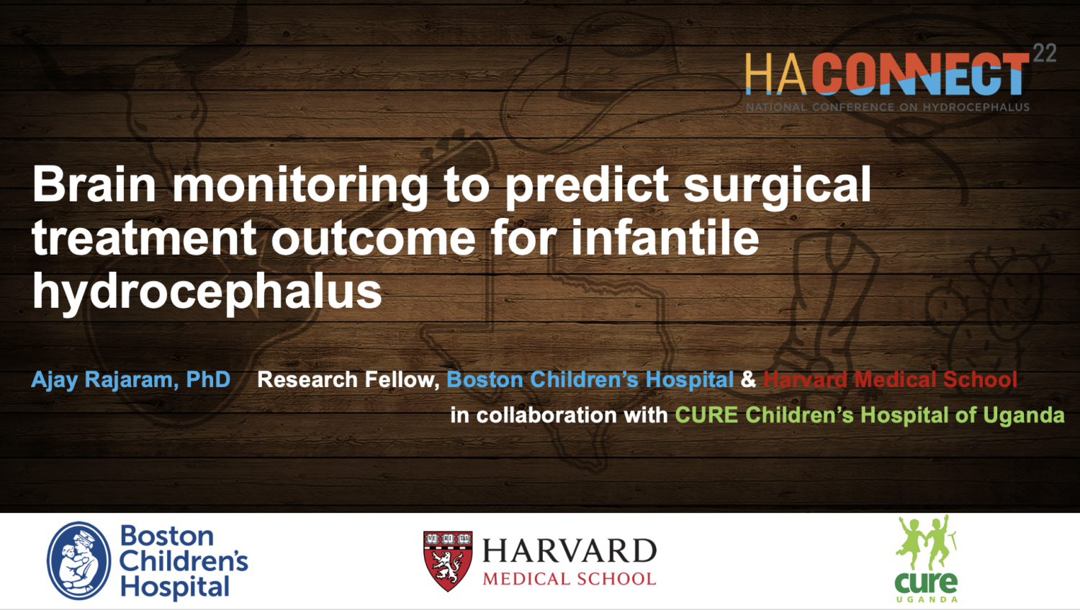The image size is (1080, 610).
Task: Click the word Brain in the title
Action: click(94, 185)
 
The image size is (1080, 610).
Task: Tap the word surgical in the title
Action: click(777, 188)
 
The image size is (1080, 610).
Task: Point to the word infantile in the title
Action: click(665, 237)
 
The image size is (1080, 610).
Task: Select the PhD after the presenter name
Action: click(208, 380)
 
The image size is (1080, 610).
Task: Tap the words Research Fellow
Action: click(348, 380)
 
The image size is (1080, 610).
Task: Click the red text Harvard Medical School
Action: click(890, 380)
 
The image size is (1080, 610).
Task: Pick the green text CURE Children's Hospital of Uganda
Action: click(869, 415)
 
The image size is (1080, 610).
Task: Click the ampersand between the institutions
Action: click(748, 380)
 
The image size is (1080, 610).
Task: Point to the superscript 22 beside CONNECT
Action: click(1045, 53)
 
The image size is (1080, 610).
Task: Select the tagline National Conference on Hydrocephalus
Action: click(888, 107)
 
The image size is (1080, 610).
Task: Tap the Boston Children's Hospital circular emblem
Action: click(79, 561)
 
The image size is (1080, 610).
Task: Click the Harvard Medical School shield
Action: click(448, 561)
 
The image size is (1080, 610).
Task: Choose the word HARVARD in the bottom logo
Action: click(570, 551)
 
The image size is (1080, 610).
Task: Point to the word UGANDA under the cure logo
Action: click(927, 600)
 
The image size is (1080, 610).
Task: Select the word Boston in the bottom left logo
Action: click(167, 536)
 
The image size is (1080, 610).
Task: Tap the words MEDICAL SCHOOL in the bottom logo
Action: click(570, 578)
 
